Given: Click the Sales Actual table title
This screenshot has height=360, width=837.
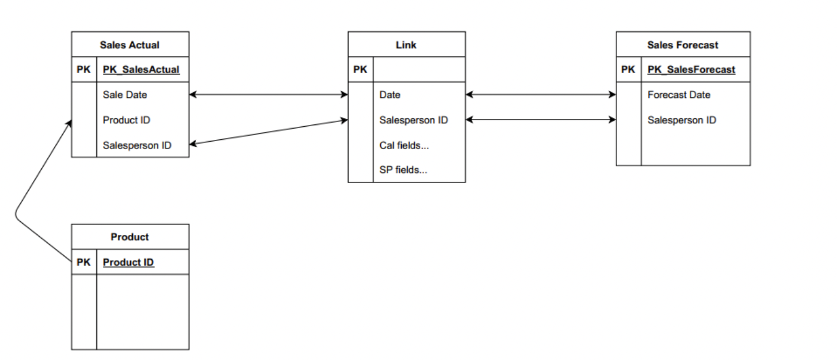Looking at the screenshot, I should click(x=130, y=45).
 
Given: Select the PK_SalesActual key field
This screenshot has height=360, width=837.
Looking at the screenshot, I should click(x=141, y=70).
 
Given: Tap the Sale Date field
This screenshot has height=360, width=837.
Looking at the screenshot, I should click(x=125, y=94).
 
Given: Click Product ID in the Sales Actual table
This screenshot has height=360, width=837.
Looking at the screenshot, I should click(x=126, y=120).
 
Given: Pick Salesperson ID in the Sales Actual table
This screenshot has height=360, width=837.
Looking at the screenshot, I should click(x=137, y=145).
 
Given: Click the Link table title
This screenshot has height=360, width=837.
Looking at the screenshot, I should click(x=406, y=45).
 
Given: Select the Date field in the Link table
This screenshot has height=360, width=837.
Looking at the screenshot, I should click(x=390, y=94).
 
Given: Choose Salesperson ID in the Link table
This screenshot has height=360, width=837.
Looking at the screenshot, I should click(x=413, y=120).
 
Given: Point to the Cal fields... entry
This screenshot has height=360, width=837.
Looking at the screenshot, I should click(x=404, y=145).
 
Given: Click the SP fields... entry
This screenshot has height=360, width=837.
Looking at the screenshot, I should click(x=403, y=170).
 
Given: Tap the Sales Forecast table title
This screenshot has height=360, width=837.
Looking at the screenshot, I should click(x=683, y=45).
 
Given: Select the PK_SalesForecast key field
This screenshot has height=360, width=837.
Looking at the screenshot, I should click(x=691, y=70).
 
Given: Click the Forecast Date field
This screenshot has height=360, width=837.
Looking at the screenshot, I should click(x=679, y=94).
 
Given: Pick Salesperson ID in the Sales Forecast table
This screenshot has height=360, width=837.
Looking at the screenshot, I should click(x=682, y=120).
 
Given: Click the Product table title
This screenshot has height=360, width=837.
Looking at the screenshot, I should click(x=130, y=237).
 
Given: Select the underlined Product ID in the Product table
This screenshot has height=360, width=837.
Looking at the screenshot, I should click(x=129, y=263).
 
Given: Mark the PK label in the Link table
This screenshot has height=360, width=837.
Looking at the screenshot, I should click(x=360, y=70).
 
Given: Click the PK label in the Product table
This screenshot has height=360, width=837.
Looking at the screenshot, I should click(x=84, y=263).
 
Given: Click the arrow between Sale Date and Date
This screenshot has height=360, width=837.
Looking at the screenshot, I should click(x=268, y=94).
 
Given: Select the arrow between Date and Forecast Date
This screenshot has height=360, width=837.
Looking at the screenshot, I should click(x=540, y=94).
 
